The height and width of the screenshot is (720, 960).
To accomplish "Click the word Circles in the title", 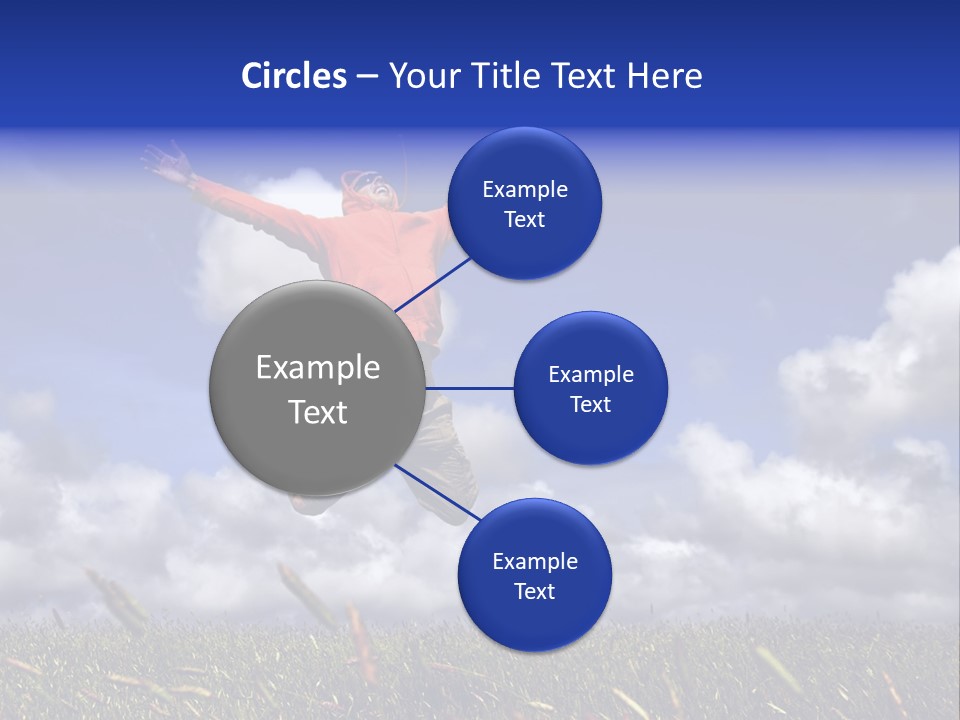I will [294, 76].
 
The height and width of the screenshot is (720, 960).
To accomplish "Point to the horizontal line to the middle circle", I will [469, 388].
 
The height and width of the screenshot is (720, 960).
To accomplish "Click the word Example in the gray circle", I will [318, 368].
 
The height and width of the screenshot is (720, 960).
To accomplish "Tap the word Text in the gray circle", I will [318, 412].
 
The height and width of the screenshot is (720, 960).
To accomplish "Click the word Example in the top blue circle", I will [524, 190].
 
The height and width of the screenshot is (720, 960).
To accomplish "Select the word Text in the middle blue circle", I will [590, 404].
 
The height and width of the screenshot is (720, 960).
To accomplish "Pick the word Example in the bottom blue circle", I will [534, 562].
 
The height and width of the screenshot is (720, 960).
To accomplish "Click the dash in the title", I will [366, 77].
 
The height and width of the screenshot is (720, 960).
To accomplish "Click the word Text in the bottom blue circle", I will [534, 592].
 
